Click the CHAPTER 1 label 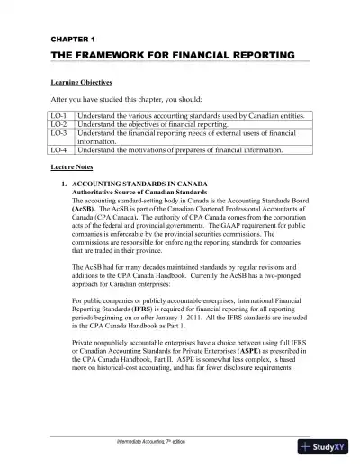click(67, 40)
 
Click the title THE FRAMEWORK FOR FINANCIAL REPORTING click(172, 55)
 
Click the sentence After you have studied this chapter click(125, 98)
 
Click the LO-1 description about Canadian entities click(195, 116)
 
